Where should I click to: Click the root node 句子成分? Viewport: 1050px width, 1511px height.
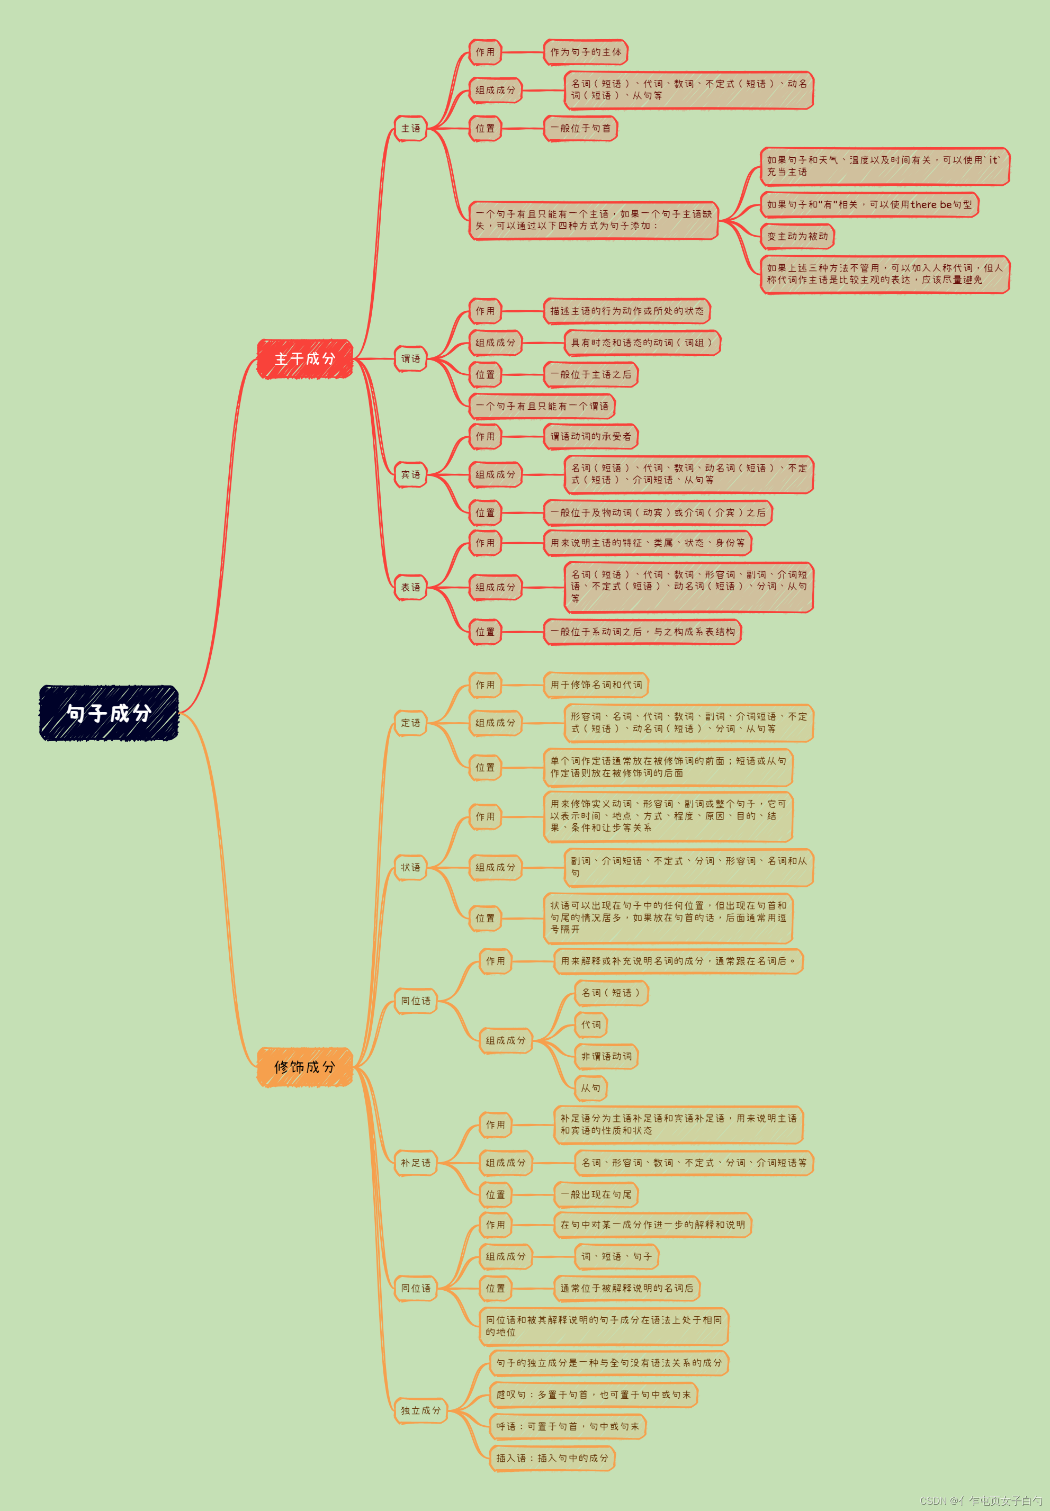click(109, 713)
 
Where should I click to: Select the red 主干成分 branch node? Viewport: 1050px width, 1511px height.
click(304, 358)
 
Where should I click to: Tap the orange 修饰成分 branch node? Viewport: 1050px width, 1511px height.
click(304, 1066)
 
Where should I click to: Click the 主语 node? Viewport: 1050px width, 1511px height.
click(410, 128)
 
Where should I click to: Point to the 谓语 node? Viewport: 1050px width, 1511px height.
click(410, 358)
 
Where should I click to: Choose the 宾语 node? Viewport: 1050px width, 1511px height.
click(410, 474)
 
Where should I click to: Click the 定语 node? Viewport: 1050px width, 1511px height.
click(410, 723)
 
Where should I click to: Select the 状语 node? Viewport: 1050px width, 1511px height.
click(410, 868)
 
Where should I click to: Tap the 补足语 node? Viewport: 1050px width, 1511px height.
click(416, 1163)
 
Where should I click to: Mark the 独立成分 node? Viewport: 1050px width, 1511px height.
click(421, 1410)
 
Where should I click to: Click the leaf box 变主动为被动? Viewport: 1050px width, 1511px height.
click(797, 236)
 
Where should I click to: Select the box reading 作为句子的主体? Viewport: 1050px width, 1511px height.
click(586, 52)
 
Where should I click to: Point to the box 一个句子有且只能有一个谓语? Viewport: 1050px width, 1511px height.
click(542, 407)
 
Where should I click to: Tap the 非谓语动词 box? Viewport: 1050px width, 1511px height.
click(606, 1056)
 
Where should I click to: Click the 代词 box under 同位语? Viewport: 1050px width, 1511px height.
click(591, 1025)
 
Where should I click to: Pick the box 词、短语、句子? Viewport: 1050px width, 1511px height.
click(616, 1256)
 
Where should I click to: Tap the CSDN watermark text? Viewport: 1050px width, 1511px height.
click(980, 1500)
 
